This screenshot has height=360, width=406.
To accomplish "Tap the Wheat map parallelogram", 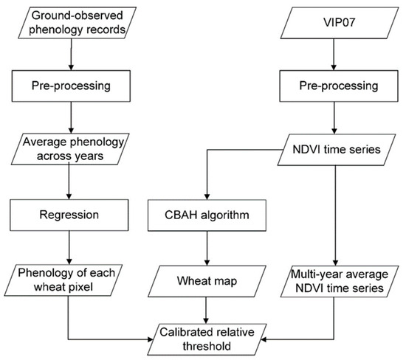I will [x=209, y=281].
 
